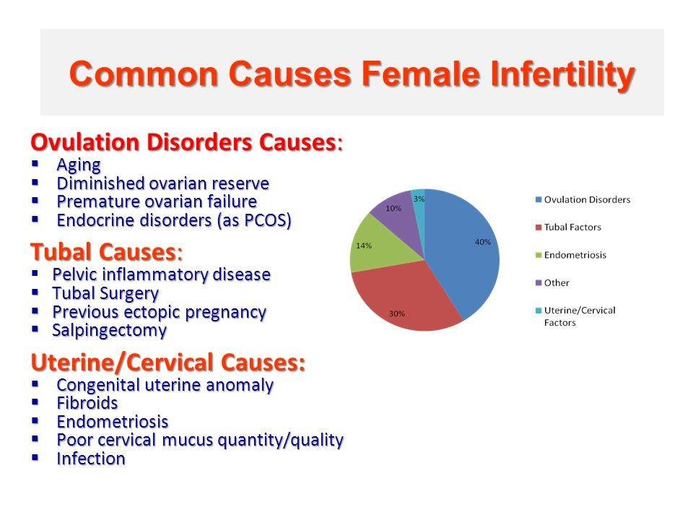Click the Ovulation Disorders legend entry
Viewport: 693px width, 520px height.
point(583,200)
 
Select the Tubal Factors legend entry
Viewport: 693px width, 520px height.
point(568,227)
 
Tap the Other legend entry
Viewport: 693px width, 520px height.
point(552,283)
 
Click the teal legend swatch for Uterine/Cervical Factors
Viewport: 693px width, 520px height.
point(539,311)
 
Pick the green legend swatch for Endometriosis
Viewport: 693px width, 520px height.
point(539,255)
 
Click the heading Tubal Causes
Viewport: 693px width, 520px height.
point(106,252)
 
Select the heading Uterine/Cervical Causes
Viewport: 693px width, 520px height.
point(168,362)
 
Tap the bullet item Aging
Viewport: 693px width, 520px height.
point(79,165)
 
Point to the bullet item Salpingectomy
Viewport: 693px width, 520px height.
point(109,330)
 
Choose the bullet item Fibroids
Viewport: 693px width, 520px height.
point(87,403)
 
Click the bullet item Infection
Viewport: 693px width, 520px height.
point(91,459)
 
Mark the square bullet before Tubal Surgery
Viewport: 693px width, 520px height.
point(35,292)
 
